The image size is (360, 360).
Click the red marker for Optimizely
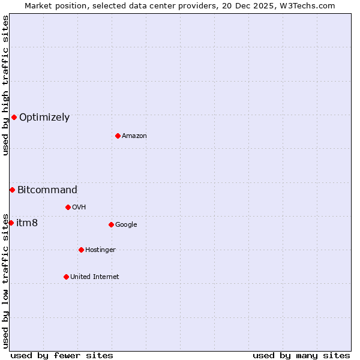(14, 117)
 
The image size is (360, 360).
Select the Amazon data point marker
(118, 136)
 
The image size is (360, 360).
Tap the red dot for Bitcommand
(12, 190)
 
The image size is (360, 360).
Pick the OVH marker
(68, 207)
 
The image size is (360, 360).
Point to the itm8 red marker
(11, 223)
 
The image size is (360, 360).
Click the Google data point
(111, 224)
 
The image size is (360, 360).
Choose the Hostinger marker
(81, 250)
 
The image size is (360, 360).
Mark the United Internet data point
(66, 277)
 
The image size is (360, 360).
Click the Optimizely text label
(44, 118)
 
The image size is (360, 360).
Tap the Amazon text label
(134, 136)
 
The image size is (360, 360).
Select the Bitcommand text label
(47, 190)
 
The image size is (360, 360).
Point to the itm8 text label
(27, 223)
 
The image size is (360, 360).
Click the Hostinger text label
(100, 250)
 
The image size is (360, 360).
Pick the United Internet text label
(95, 277)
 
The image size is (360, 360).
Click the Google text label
(126, 225)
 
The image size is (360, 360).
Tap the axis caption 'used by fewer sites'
(62, 355)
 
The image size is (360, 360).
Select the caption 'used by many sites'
(301, 355)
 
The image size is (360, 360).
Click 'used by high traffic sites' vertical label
(5, 85)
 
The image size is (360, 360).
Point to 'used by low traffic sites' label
(5, 280)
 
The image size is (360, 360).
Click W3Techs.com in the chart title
(305, 5)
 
